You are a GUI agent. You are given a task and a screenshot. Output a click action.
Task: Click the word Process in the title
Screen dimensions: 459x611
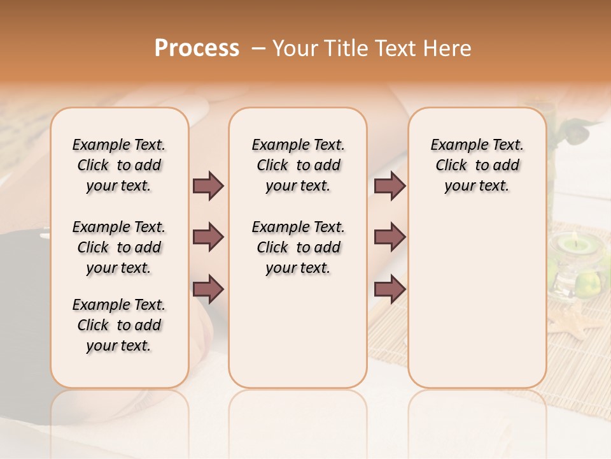[x=197, y=48]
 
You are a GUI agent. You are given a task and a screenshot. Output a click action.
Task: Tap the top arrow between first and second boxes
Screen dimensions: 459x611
[x=208, y=186]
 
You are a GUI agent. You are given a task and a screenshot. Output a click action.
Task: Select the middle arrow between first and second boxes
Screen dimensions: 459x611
[x=208, y=238]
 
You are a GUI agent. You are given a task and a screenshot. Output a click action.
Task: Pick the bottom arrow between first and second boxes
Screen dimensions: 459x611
[x=208, y=289]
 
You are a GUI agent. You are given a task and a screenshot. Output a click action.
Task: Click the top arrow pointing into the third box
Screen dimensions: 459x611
[x=390, y=186]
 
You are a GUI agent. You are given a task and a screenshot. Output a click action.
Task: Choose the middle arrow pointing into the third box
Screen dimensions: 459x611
[x=390, y=238]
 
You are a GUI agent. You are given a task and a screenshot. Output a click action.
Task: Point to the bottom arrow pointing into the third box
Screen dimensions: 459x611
[x=390, y=289]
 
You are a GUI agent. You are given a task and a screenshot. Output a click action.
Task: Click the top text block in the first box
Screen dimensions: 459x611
[x=119, y=165]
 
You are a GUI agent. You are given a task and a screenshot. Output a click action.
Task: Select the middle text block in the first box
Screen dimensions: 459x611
[x=119, y=247]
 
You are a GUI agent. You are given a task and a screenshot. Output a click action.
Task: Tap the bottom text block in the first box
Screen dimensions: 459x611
[x=119, y=325]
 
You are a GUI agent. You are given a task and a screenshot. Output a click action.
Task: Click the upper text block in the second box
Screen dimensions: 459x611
[x=298, y=165]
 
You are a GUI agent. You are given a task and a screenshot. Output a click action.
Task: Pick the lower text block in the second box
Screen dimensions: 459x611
[x=298, y=247]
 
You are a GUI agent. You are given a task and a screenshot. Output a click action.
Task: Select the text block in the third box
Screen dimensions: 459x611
[x=477, y=165]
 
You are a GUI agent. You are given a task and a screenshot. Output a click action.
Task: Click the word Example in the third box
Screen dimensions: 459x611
[x=456, y=145]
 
